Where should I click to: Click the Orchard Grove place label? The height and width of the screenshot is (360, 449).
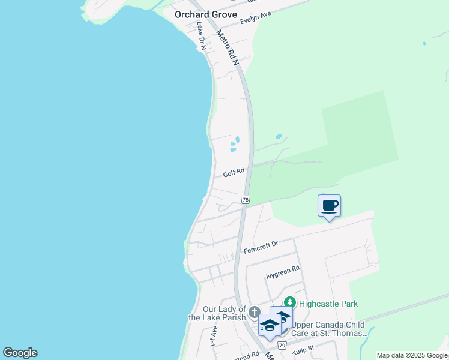point(205,14)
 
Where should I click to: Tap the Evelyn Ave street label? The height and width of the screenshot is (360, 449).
point(256,17)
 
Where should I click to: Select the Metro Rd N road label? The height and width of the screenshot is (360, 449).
point(228,48)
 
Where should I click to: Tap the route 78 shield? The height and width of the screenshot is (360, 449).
point(245,199)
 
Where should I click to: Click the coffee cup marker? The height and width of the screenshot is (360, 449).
point(329,206)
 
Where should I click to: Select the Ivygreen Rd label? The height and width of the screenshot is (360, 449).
point(282,273)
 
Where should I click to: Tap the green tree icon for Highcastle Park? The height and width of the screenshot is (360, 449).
point(290,303)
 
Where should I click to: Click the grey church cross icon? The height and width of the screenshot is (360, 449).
point(254,312)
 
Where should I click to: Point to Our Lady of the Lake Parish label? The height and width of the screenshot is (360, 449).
point(217,313)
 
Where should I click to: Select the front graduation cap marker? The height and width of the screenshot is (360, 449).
point(270,326)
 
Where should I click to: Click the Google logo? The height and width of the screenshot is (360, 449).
point(20,353)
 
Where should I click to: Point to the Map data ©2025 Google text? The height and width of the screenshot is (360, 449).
point(412,355)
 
